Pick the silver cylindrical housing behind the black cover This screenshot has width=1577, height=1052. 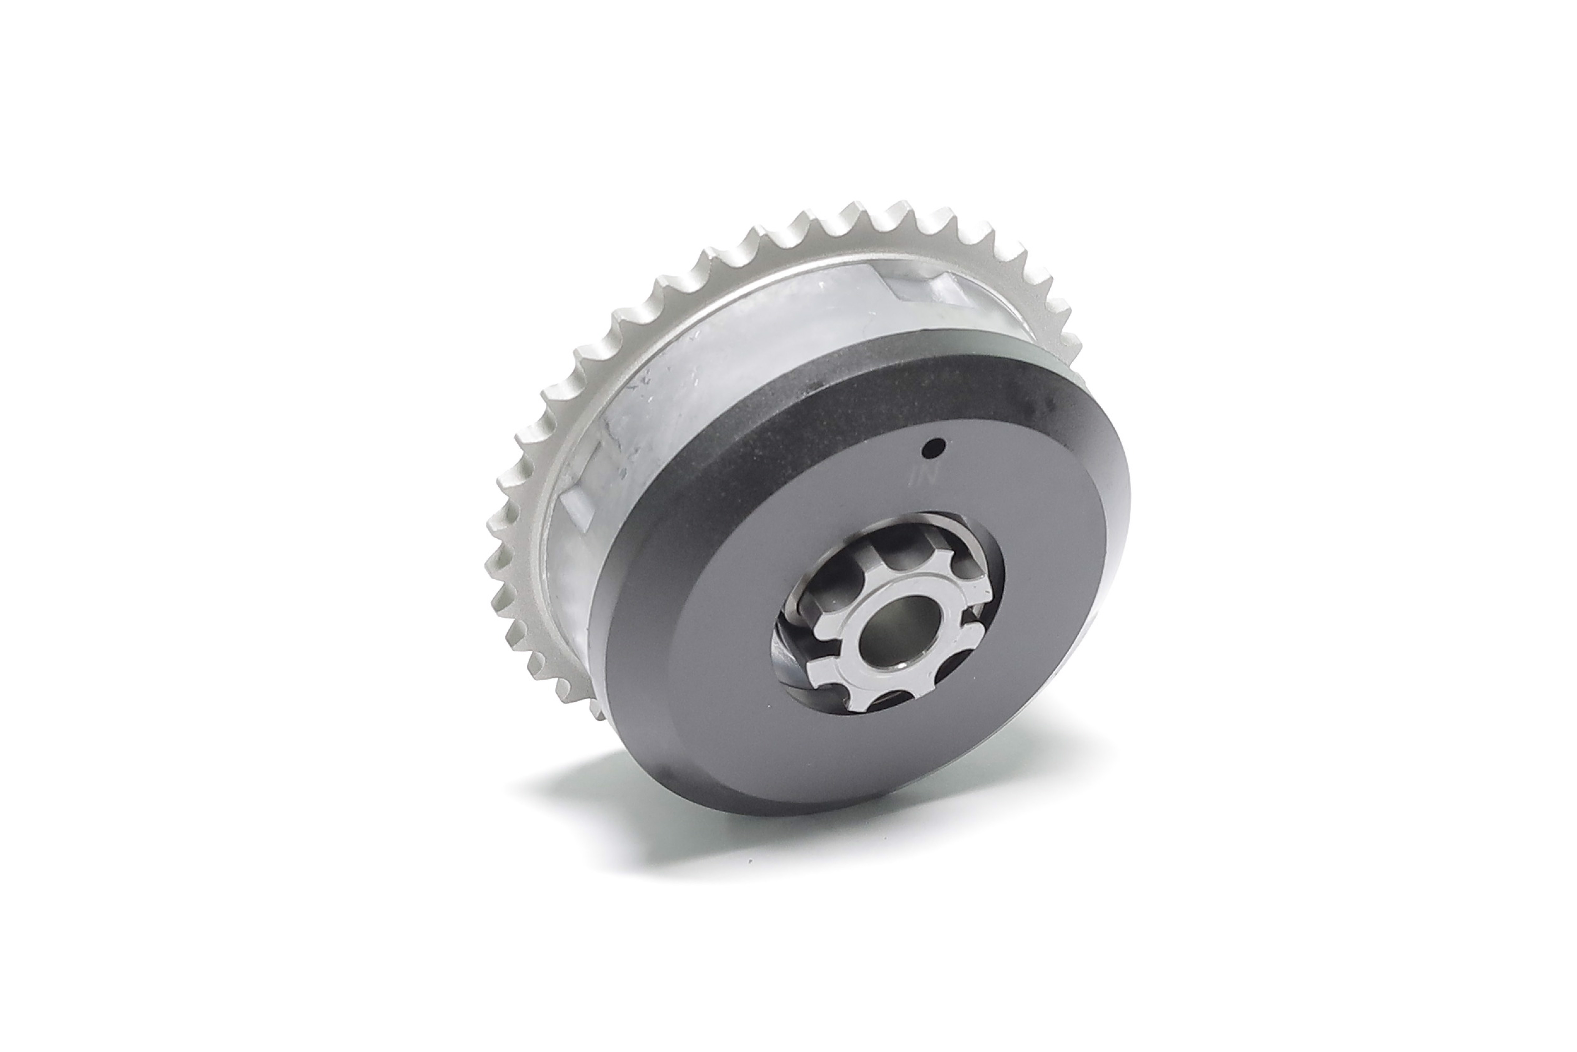click(x=704, y=376)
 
